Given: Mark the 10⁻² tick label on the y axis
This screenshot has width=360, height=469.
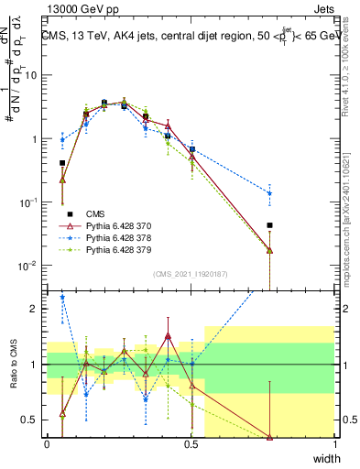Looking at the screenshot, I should [x=29, y=266].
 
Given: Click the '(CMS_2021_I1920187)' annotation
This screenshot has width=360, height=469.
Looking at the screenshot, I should [x=191, y=274].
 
